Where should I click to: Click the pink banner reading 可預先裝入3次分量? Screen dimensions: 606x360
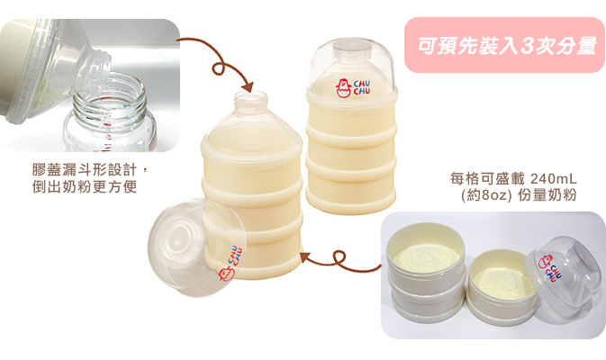click(x=504, y=45)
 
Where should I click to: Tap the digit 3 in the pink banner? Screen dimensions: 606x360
click(x=527, y=46)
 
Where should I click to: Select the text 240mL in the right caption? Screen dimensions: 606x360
click(x=554, y=179)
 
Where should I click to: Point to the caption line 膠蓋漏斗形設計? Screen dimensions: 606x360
click(x=85, y=169)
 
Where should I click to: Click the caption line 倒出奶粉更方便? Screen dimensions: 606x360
click(x=85, y=186)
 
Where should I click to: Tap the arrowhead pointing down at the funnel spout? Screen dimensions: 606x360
click(x=248, y=87)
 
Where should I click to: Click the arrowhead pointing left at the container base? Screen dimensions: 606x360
click(x=305, y=256)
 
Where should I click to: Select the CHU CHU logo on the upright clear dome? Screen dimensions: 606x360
click(x=352, y=88)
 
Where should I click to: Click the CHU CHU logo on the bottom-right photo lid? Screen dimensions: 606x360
click(x=550, y=267)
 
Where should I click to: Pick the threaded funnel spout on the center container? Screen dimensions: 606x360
click(x=251, y=103)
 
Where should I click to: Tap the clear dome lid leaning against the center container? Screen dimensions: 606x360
click(x=196, y=247)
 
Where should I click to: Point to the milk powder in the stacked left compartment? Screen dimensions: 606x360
click(x=427, y=256)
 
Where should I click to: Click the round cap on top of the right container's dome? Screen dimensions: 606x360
click(x=351, y=47)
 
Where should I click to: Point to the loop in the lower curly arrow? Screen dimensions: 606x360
click(x=339, y=256)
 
